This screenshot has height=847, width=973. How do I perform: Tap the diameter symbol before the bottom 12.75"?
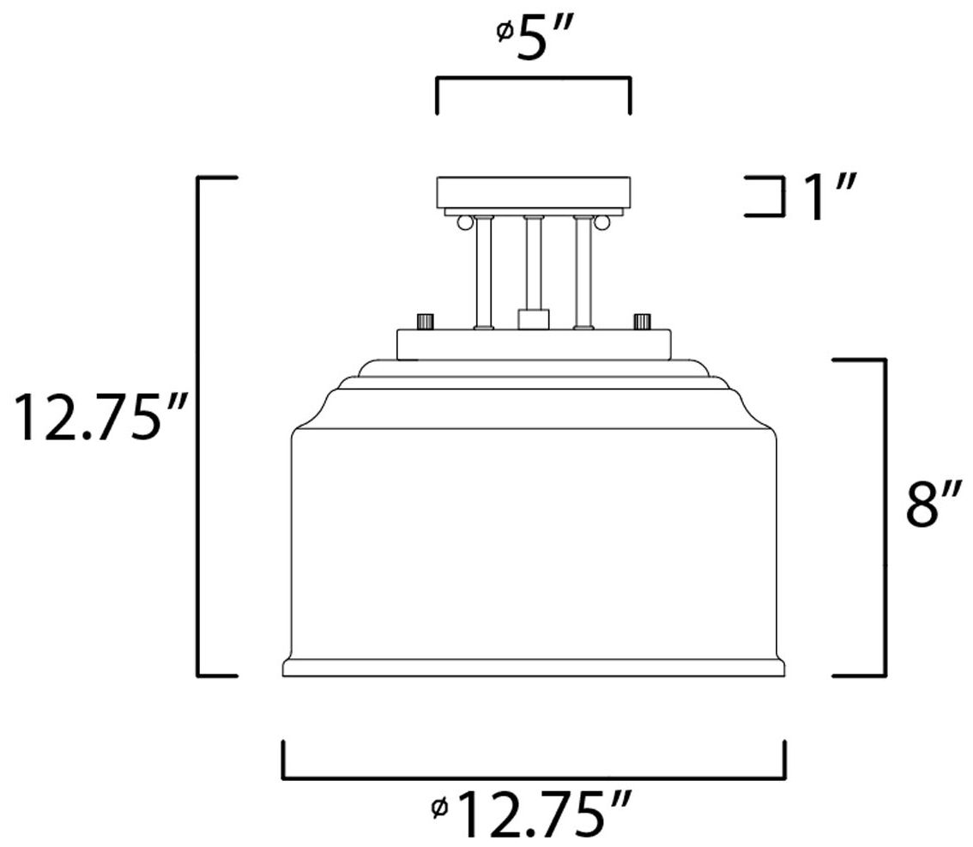[x=440, y=808]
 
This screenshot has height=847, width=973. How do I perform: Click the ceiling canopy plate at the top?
[x=534, y=190]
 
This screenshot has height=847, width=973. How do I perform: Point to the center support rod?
[x=534, y=266]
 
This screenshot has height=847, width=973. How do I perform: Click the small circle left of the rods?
[x=464, y=223]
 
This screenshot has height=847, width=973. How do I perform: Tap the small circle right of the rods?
[x=602, y=223]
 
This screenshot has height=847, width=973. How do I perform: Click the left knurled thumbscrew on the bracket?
[x=424, y=324]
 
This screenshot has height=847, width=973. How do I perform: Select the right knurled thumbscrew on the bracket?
[x=641, y=324]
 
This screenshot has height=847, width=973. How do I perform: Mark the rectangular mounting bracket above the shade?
[x=534, y=345]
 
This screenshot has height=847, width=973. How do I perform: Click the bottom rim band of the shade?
[x=534, y=668]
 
